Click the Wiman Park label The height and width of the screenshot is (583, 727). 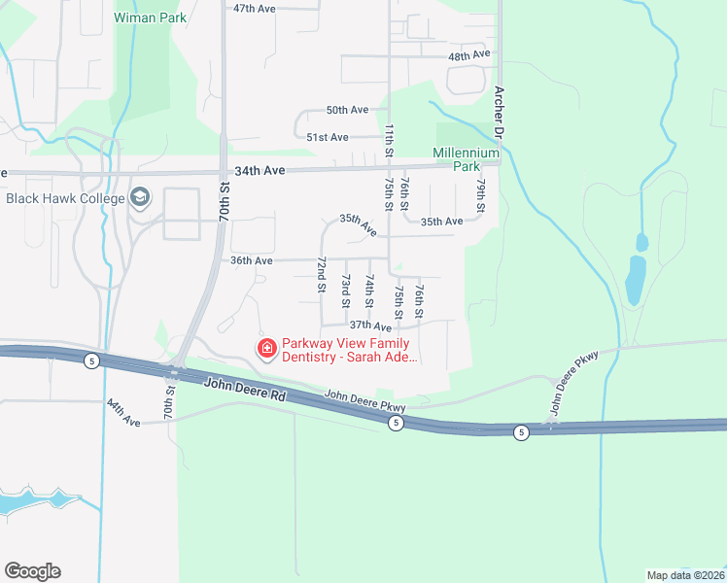tap(150, 17)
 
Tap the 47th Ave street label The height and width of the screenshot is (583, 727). tap(255, 8)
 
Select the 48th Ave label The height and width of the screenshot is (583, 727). tap(469, 56)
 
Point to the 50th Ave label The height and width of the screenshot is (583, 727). tap(347, 111)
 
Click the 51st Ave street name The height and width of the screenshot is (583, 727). tap(328, 138)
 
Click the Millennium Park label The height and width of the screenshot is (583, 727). tap(466, 159)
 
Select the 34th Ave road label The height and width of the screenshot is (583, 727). tap(260, 170)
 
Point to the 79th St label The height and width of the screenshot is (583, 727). tap(480, 195)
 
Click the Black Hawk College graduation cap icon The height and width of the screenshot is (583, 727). tap(140, 198)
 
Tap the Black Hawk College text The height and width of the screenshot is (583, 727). tap(65, 198)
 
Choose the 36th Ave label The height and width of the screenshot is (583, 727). tap(251, 260)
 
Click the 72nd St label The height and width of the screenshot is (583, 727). tap(320, 275)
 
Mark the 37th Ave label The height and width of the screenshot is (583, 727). tap(370, 326)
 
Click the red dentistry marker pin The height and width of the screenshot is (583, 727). tap(265, 347)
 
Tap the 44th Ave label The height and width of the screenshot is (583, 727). tap(124, 413)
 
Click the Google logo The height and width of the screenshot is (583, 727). tap(32, 571)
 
